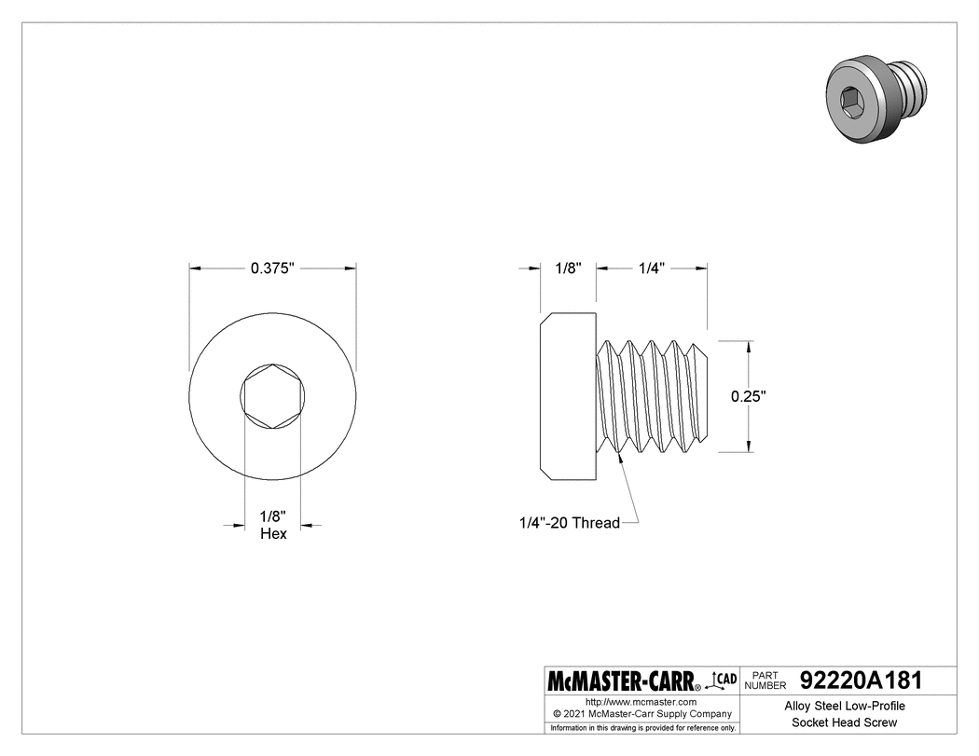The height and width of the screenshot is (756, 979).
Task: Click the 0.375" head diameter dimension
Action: point(272,268)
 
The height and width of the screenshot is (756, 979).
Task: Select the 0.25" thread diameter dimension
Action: point(748,396)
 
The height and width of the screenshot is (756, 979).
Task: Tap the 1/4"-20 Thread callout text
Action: point(570,523)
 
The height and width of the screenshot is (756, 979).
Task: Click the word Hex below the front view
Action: point(273,534)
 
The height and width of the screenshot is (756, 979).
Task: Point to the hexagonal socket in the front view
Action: point(273,396)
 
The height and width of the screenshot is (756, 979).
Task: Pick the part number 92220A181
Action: point(861,680)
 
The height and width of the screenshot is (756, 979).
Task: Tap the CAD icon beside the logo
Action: point(722,680)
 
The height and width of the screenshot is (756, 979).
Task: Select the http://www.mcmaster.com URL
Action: point(641,702)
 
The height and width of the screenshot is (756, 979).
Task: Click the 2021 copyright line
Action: point(641,713)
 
